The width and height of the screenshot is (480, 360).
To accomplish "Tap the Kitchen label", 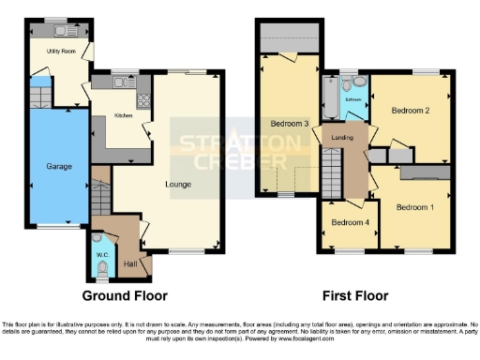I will click(x=123, y=115).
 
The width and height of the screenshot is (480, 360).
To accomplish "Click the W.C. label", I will click(x=101, y=252).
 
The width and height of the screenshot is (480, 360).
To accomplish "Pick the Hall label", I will click(x=130, y=263).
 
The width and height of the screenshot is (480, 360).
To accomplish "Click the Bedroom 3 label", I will click(x=290, y=123).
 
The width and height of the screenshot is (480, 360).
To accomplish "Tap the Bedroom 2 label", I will click(x=410, y=111).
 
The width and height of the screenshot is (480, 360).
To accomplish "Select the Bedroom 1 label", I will click(x=413, y=206).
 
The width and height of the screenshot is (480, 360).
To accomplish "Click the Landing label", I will click(x=341, y=139).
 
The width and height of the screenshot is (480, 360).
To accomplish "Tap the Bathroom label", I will click(x=353, y=98).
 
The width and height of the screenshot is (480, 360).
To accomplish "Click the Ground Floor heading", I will click(x=125, y=295).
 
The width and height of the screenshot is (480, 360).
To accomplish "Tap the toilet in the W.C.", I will click(x=101, y=271).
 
